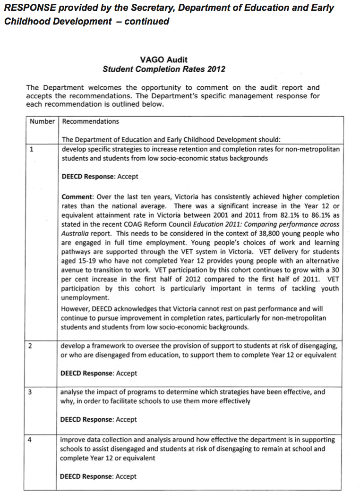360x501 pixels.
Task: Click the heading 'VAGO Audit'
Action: click(163, 59)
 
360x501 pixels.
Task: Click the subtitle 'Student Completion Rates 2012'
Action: click(163, 69)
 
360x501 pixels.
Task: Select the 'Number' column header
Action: click(42, 121)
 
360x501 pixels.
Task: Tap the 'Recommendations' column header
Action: click(91, 121)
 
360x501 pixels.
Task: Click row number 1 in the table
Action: click(31, 149)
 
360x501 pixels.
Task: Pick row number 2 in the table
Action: click(30, 346)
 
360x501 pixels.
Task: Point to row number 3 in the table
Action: click(30, 392)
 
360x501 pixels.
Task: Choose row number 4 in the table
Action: click(30, 440)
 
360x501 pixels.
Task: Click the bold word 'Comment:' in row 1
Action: click(77, 196)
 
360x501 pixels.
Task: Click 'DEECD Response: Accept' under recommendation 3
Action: click(98, 419)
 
